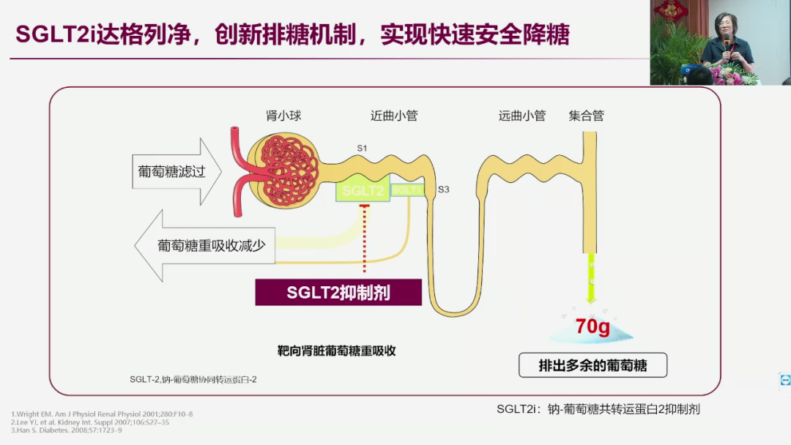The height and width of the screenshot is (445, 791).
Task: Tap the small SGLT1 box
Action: click(407, 190)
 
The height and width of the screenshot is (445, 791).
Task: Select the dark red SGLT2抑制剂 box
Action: click(338, 293)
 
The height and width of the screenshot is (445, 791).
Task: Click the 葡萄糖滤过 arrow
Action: click(176, 172)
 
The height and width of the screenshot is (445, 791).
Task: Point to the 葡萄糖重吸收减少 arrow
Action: click(205, 246)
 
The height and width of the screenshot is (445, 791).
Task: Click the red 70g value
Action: click(592, 326)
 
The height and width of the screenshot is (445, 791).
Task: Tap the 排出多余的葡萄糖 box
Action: click(593, 365)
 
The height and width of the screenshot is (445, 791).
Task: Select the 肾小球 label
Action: click(283, 116)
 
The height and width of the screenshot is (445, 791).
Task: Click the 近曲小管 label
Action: click(394, 116)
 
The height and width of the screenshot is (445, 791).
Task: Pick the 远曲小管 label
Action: click(522, 116)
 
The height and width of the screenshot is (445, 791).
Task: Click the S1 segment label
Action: click(362, 149)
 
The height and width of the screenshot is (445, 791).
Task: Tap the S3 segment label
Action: click(443, 190)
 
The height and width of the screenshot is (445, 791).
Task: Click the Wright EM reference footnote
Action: click(102, 414)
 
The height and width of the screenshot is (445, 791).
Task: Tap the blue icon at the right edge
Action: click(785, 379)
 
